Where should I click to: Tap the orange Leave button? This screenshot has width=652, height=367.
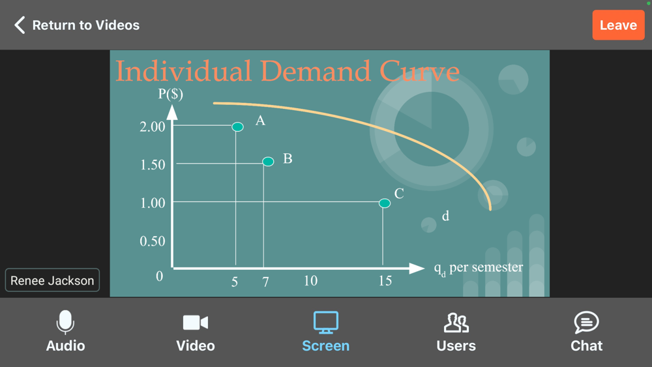point(618,25)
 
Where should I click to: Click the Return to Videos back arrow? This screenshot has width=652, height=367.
point(20,25)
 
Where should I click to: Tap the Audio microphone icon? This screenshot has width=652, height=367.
point(65,322)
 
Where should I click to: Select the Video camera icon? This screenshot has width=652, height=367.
point(196,323)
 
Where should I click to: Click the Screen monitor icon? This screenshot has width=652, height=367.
point(325,322)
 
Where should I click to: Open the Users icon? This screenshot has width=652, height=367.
point(456,323)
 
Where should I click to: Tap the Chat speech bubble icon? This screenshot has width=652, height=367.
point(586,322)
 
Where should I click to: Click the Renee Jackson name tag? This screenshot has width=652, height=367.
point(52,280)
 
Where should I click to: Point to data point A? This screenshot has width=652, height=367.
point(237,126)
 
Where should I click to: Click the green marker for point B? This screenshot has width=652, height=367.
point(268,161)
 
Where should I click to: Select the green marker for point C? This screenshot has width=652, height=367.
point(385,203)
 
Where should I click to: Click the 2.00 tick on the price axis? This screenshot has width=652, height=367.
point(153,126)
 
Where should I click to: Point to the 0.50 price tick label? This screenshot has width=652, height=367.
point(153,241)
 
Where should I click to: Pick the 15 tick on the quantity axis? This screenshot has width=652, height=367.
point(385,281)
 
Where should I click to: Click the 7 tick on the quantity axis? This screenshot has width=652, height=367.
point(266,282)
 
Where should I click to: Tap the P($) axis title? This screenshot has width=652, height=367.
point(170,95)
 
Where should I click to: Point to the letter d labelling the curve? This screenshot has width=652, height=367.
point(445,216)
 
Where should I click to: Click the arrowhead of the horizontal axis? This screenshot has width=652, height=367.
point(417,269)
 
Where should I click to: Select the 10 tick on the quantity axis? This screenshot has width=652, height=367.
point(310,281)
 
